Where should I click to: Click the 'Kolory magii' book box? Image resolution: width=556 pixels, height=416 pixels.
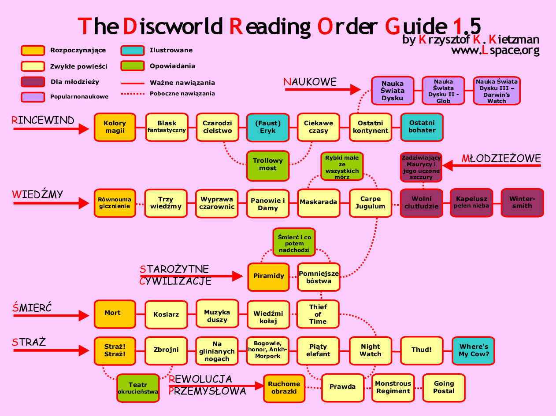click(x=115, y=127)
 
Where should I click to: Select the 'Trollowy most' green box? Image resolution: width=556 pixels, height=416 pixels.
click(x=268, y=165)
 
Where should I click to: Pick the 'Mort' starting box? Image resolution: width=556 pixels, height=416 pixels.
click(x=115, y=313)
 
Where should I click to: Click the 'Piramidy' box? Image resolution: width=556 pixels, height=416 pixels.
click(x=268, y=277)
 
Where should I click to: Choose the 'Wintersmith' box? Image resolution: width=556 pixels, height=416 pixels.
click(x=522, y=203)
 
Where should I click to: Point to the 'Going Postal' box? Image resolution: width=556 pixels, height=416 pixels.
click(x=444, y=387)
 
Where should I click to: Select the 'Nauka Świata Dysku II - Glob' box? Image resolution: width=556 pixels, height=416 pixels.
click(x=443, y=91)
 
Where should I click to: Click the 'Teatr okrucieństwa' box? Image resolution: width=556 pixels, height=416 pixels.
click(x=137, y=388)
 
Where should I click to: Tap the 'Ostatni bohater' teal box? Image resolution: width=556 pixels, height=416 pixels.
click(x=422, y=127)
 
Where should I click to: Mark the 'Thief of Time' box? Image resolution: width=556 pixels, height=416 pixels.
click(x=318, y=314)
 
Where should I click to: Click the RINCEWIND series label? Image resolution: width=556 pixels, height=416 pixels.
click(x=43, y=120)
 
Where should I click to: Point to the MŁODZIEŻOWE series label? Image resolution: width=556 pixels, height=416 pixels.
click(x=501, y=158)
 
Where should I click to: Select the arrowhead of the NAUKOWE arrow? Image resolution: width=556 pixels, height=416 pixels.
click(x=356, y=90)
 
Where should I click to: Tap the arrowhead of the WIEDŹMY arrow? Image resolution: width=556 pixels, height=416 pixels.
click(x=84, y=203)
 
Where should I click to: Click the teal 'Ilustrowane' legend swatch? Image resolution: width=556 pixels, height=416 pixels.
click(x=133, y=51)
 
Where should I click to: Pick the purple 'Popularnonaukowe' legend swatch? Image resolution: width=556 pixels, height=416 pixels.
click(x=33, y=96)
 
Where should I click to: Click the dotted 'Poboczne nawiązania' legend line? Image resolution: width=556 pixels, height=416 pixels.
click(x=133, y=93)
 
